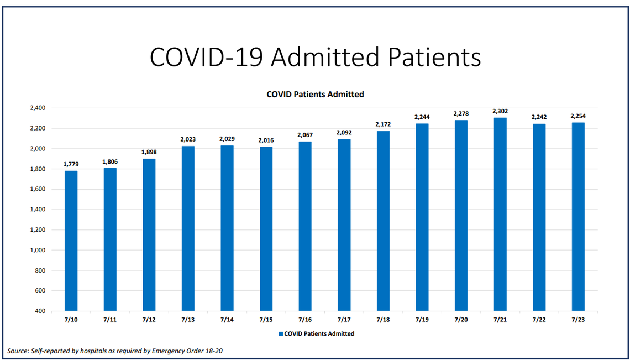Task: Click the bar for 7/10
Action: point(71,241)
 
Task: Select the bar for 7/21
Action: point(500,214)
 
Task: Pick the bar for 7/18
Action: point(383,221)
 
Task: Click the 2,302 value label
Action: point(500,111)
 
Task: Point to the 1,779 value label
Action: point(71,164)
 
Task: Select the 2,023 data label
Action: point(188,139)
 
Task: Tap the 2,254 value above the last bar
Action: point(578,116)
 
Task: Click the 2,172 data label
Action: point(383,124)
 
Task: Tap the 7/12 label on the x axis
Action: point(149,320)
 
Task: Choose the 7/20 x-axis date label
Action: point(461,320)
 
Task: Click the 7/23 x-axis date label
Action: point(578,320)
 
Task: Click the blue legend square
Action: point(280,334)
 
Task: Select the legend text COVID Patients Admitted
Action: point(319,334)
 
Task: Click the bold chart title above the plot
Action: point(315,95)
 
